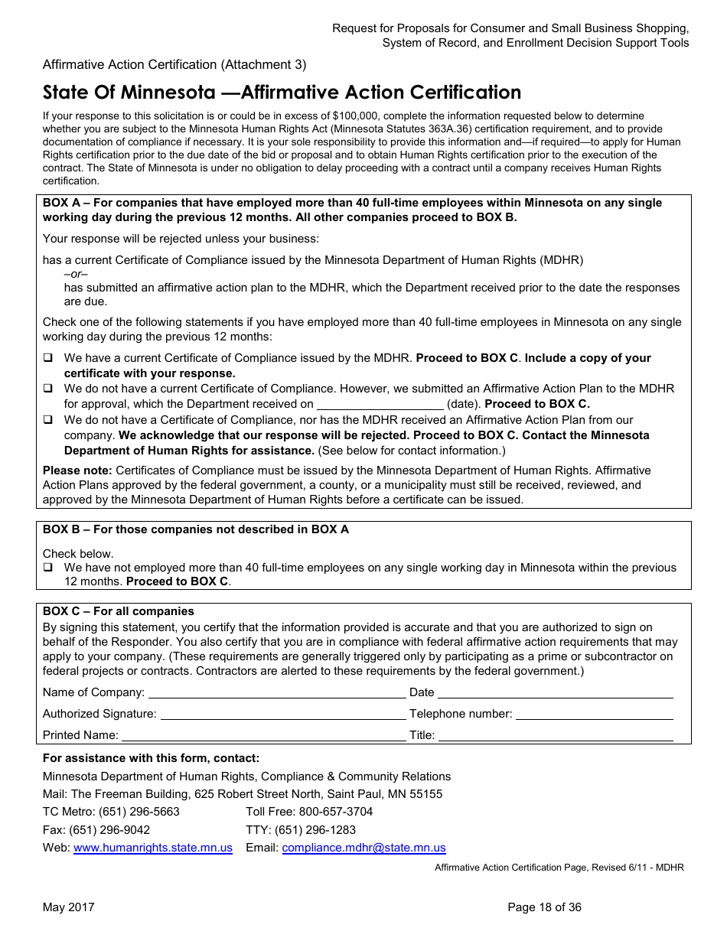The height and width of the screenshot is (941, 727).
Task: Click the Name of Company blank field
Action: click(x=276, y=693)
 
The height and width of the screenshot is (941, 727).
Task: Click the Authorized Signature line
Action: click(x=282, y=715)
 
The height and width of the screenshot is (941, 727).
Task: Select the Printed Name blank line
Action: click(x=263, y=736)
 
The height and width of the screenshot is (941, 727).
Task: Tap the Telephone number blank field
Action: click(x=594, y=715)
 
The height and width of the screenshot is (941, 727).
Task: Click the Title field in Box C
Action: click(x=555, y=736)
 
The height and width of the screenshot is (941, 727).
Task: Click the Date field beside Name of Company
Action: click(x=555, y=693)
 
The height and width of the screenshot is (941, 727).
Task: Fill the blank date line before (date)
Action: click(x=380, y=405)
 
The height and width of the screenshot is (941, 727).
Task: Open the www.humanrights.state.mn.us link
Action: click(x=153, y=848)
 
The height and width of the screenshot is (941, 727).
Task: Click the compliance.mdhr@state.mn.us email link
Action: click(x=363, y=848)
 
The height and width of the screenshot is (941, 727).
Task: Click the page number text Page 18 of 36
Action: click(x=544, y=907)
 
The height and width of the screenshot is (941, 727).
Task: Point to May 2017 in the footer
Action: click(x=69, y=907)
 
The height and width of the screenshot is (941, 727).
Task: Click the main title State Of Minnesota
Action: click(x=282, y=93)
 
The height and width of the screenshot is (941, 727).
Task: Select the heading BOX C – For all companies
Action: click(x=119, y=611)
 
